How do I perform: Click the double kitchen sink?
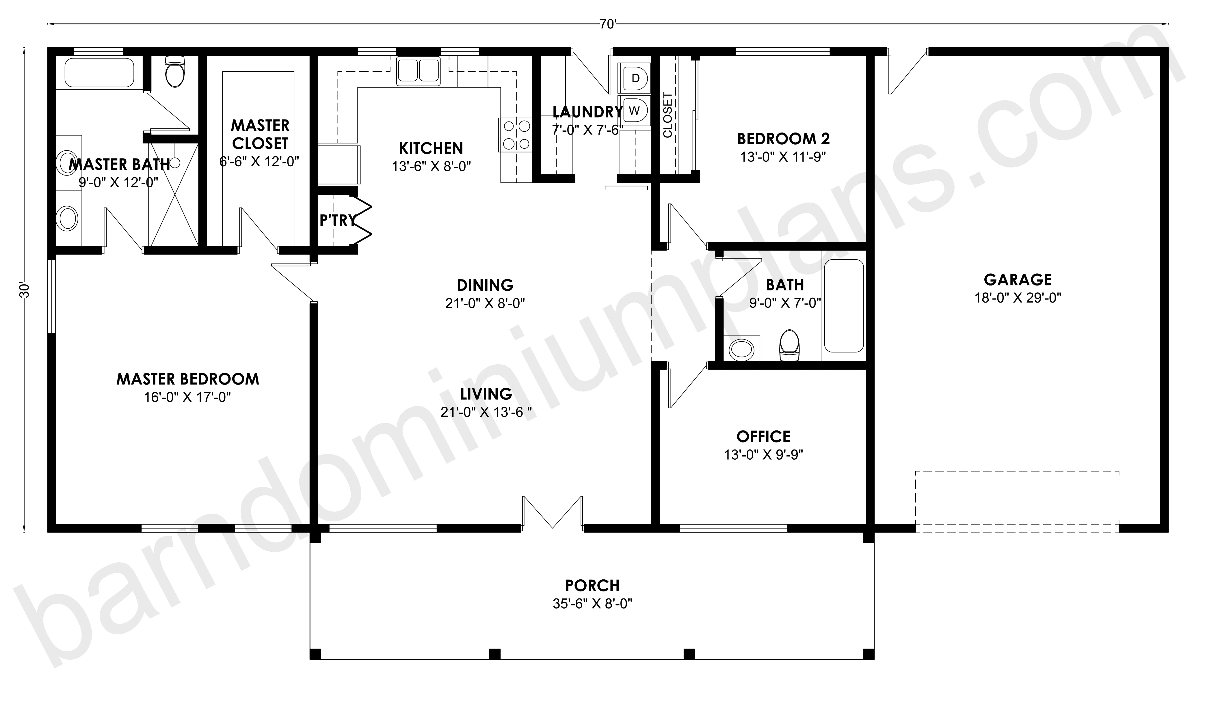click(418, 71)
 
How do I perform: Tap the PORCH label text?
click(593, 585)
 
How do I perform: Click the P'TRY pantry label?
click(338, 220)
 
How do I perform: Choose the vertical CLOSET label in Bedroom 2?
click(668, 115)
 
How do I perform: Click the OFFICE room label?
click(763, 436)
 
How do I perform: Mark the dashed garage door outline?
click(1017, 501)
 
